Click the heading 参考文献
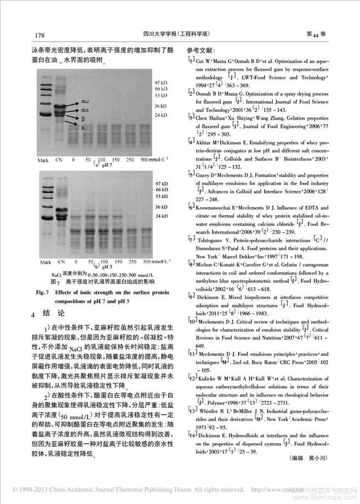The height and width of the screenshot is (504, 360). point(202,50)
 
